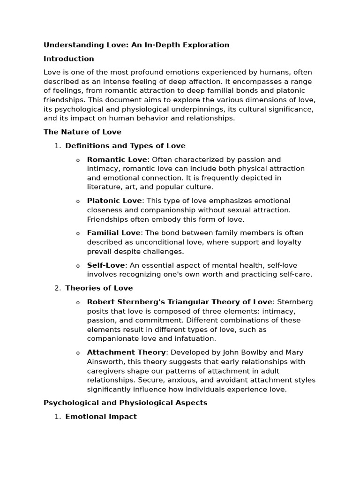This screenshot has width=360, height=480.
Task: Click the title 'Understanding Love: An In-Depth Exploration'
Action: [x=136, y=45]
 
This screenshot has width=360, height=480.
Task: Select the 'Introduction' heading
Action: [x=68, y=59]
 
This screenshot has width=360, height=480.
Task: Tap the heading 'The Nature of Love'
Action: [x=82, y=132]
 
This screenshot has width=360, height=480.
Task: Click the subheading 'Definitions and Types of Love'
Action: [x=125, y=146]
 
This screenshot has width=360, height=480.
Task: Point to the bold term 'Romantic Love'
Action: [x=117, y=159]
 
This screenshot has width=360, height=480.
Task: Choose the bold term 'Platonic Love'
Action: [x=114, y=201]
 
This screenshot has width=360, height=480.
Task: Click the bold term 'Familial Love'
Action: [x=113, y=233]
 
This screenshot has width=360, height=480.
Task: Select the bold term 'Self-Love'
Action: [x=106, y=265]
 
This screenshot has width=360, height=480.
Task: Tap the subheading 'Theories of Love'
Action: [x=99, y=288]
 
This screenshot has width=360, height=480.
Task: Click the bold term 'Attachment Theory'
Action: [x=126, y=352]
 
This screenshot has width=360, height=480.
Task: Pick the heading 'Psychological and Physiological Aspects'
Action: [x=125, y=403]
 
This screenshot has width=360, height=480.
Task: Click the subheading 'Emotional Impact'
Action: [x=101, y=416]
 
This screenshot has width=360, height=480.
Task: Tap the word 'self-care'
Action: [x=295, y=274]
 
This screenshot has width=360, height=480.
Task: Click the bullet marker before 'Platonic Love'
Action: [x=78, y=201]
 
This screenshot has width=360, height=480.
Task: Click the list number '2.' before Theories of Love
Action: [x=58, y=288]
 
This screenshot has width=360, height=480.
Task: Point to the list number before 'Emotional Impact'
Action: [x=58, y=416]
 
